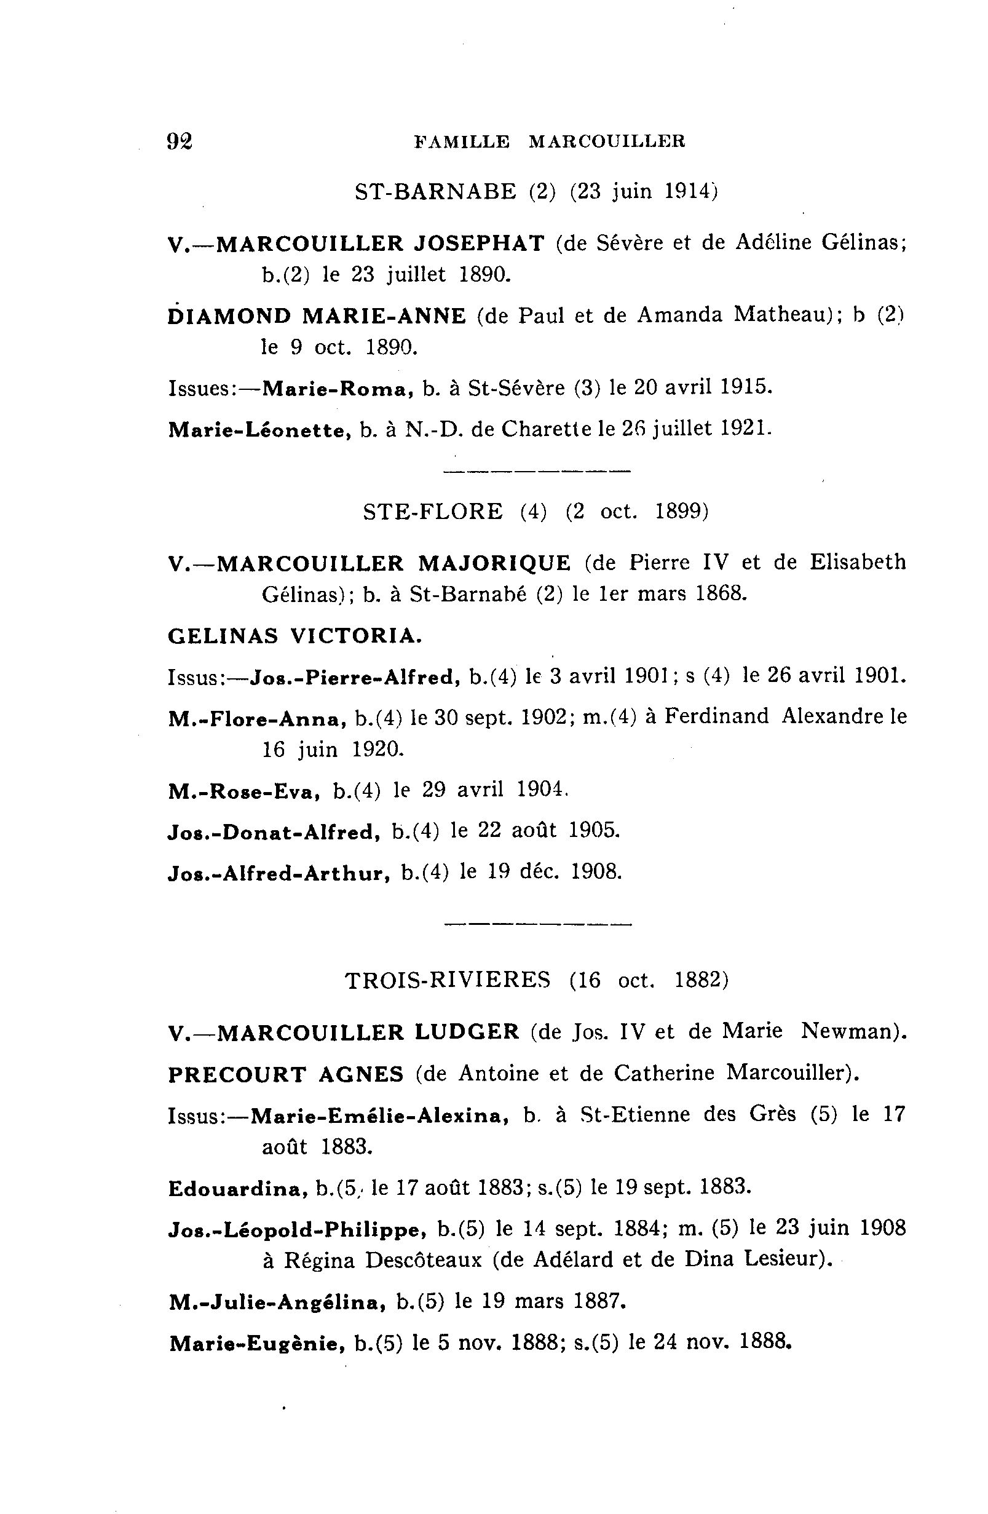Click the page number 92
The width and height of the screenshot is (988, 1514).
pos(180,141)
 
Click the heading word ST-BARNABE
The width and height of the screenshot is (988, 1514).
pos(435,191)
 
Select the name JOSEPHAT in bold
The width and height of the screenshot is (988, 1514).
pos(479,243)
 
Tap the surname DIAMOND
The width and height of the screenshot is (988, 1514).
pos(230,316)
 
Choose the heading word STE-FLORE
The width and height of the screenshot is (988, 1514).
pos(433,512)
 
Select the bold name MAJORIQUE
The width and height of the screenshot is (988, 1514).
pos(494,563)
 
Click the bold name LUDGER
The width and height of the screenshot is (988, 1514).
pos(467,1032)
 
